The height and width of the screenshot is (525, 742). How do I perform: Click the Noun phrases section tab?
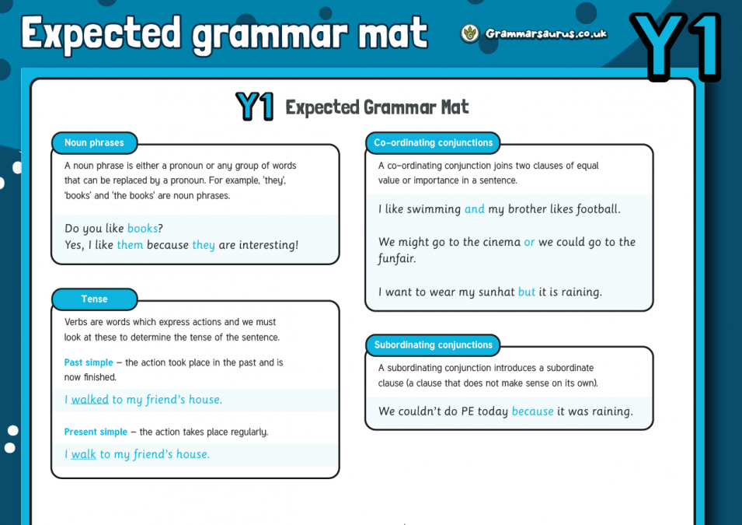click(94, 143)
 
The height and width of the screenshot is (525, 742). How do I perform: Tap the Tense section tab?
click(94, 299)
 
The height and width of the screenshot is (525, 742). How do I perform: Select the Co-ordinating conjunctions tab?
click(433, 143)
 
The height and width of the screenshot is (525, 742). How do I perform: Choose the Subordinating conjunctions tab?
click(433, 345)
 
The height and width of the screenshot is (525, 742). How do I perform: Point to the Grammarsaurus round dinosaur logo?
click(469, 33)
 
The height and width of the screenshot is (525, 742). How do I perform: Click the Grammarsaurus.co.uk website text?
click(545, 33)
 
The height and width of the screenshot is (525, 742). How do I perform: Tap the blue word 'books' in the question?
click(142, 229)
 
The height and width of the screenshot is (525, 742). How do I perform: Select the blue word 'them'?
click(130, 245)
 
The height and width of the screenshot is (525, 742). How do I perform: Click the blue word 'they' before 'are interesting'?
click(204, 245)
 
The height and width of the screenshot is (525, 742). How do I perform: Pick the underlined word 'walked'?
click(90, 400)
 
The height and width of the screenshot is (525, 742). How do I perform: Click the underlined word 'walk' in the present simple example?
click(84, 454)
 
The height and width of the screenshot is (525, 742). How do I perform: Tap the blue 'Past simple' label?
click(89, 362)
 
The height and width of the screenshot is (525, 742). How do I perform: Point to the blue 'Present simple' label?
click(96, 432)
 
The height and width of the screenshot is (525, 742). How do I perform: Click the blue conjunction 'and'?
click(474, 209)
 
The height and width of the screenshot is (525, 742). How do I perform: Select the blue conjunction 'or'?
click(529, 242)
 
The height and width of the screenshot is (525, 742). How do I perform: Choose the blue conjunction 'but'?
click(527, 292)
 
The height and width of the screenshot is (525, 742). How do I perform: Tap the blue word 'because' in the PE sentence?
click(532, 411)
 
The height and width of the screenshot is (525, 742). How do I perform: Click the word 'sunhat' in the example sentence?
click(494, 292)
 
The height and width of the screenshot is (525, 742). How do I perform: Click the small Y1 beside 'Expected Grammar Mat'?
click(254, 107)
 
